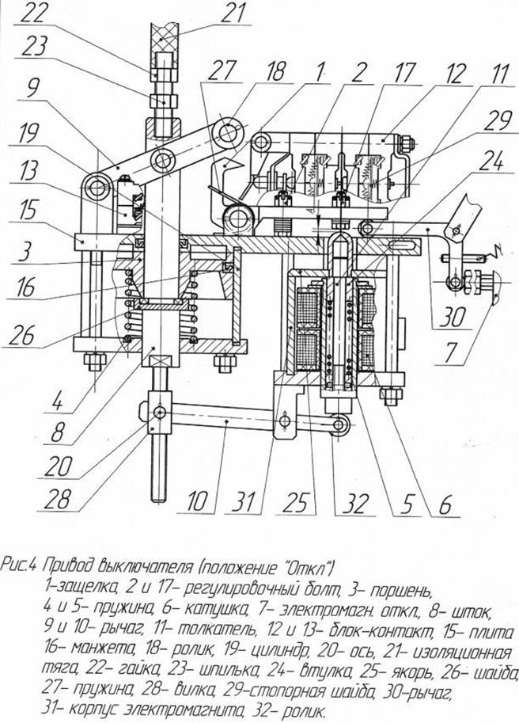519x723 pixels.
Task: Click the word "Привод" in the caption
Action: pyautogui.click(x=72, y=566)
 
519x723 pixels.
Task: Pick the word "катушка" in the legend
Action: pyautogui.click(x=176, y=611)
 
